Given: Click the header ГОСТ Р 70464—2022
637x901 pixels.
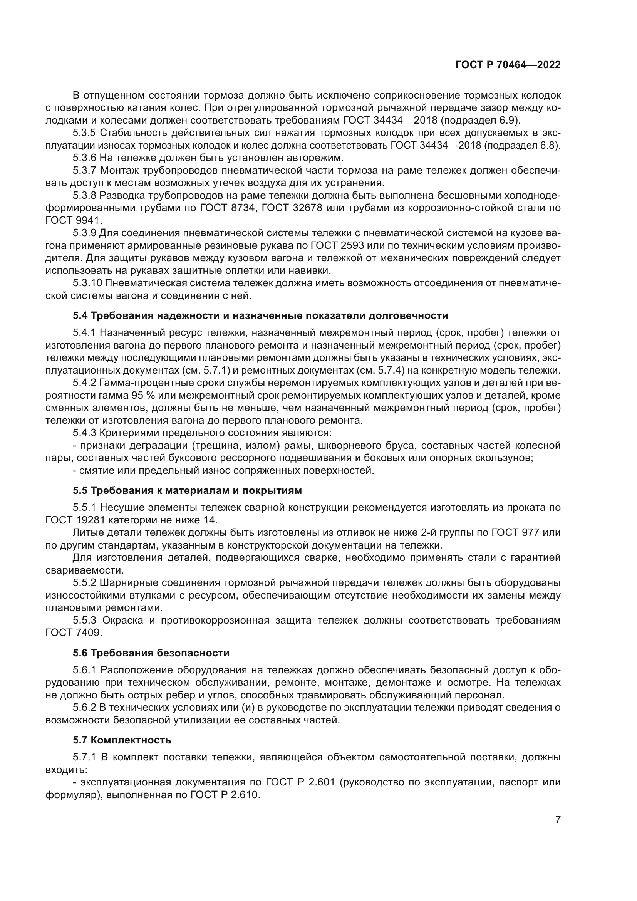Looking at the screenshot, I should [x=508, y=65].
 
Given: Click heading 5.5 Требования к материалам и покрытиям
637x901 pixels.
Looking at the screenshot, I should [x=187, y=490].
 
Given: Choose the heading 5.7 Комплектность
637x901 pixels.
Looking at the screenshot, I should [x=122, y=740].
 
